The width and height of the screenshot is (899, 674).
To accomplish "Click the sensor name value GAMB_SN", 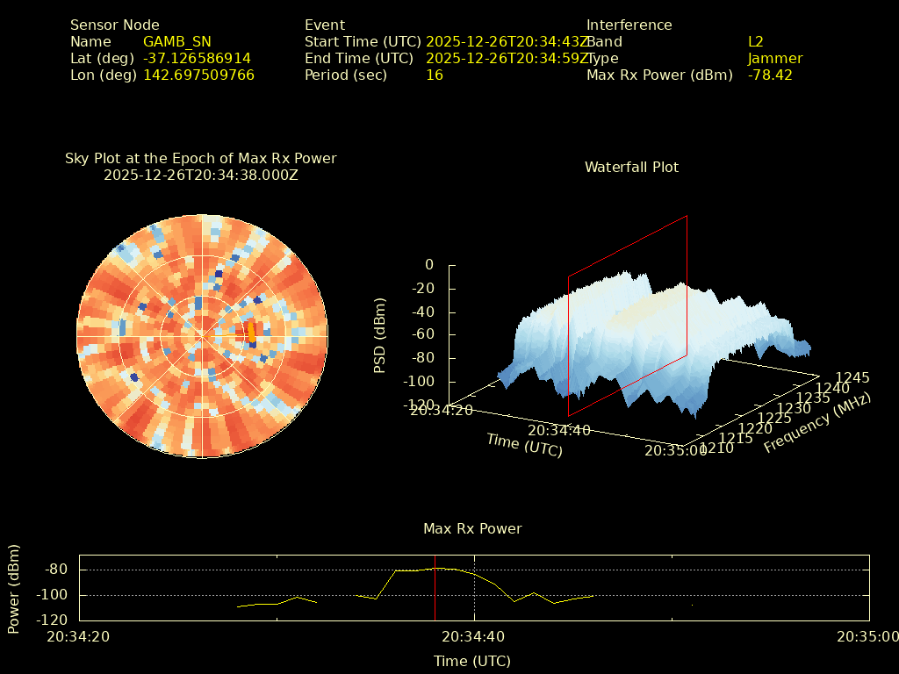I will pyautogui.click(x=176, y=42).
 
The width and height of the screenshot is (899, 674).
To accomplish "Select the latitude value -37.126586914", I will pyautogui.click(x=197, y=59).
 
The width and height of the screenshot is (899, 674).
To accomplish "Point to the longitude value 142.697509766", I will pyautogui.click(x=198, y=75).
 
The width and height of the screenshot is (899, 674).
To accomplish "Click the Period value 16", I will pyautogui.click(x=434, y=75).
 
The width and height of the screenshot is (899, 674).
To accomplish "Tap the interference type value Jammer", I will pyautogui.click(x=774, y=59).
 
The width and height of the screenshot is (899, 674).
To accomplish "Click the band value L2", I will pyautogui.click(x=756, y=42).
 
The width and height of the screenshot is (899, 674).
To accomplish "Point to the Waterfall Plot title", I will pyautogui.click(x=631, y=167).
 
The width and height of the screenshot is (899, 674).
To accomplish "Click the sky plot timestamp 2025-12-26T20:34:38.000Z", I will pyautogui.click(x=200, y=175).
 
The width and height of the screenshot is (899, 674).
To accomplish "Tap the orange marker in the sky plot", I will pyautogui.click(x=252, y=332).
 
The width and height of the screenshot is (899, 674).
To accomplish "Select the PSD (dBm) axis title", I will pyautogui.click(x=380, y=335).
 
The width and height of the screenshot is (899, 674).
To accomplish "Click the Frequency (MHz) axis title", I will pyautogui.click(x=816, y=423).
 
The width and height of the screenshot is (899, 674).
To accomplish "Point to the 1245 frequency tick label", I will pyautogui.click(x=852, y=378).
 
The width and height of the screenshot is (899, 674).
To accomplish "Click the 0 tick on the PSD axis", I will pyautogui.click(x=428, y=265).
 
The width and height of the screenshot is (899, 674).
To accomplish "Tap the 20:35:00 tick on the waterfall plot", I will pyautogui.click(x=675, y=450).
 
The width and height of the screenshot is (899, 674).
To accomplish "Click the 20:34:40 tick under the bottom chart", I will pyautogui.click(x=473, y=637).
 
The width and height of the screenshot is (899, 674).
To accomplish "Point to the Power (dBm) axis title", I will pyautogui.click(x=14, y=588).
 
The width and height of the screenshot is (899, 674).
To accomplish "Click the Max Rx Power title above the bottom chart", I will pyautogui.click(x=472, y=529).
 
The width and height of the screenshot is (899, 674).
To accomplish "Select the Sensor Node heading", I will pyautogui.click(x=115, y=25).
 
